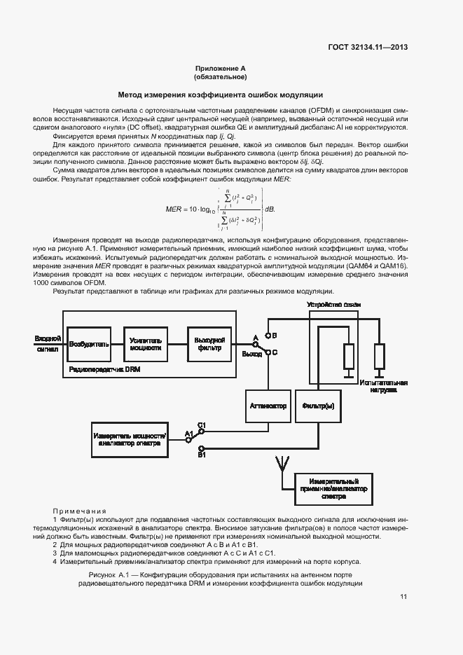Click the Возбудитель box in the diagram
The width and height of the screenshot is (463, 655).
point(89,344)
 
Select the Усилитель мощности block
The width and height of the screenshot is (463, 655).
point(146,344)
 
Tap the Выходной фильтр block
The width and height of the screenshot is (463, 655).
point(208,344)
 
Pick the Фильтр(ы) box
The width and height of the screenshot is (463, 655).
point(318,406)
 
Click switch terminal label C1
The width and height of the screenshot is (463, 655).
point(202,425)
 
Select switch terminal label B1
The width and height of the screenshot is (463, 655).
point(202,455)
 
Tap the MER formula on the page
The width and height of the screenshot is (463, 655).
point(219,209)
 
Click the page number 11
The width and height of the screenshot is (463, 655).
point(403,596)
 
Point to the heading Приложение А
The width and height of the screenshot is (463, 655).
point(221,69)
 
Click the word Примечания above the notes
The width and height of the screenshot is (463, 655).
point(79,511)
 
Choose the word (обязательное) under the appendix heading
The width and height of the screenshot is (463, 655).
point(221,77)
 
